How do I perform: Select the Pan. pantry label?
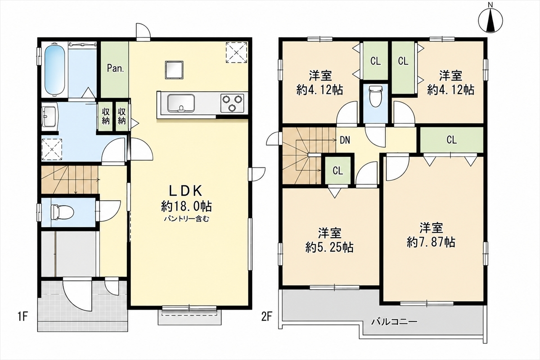pyautogui.click(x=116, y=68)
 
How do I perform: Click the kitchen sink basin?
pyautogui.click(x=181, y=103)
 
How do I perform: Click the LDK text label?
pyautogui.click(x=185, y=191)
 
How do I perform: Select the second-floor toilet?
pyautogui.click(x=376, y=97)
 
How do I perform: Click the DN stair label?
pyautogui.click(x=345, y=140)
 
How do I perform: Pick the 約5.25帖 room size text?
pyautogui.click(x=329, y=247)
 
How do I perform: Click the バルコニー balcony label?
pyautogui.click(x=394, y=322)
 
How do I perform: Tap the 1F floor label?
pyautogui.click(x=22, y=316)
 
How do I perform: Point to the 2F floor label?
pyautogui.click(x=267, y=316)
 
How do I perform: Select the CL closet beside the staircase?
pyautogui.click(x=338, y=171)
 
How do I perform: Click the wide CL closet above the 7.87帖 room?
pyautogui.click(x=452, y=140)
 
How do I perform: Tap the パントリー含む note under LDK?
pyautogui.click(x=187, y=219)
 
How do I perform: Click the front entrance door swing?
pyautogui.click(x=77, y=295)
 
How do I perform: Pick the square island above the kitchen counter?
pyautogui.click(x=174, y=70)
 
